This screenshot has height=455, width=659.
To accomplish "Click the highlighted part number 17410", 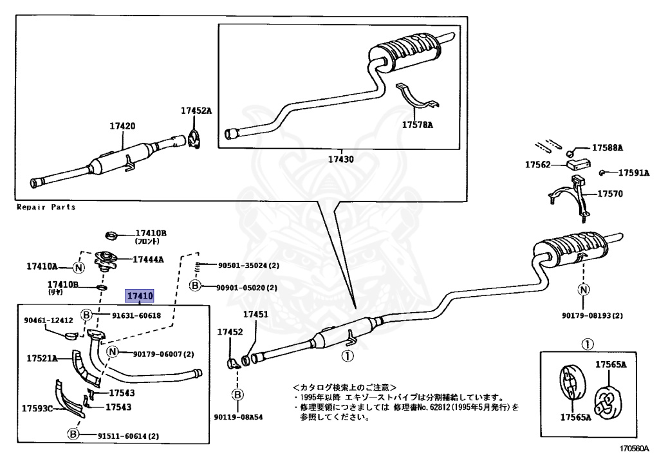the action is [x=140, y=296].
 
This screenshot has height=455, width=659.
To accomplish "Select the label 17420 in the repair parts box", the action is [x=122, y=126].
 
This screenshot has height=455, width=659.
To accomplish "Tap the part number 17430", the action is [x=341, y=159].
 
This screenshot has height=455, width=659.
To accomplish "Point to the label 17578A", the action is [x=417, y=125].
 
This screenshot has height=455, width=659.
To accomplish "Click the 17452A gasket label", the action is [x=196, y=111].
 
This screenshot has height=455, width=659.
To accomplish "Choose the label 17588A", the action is [x=608, y=147].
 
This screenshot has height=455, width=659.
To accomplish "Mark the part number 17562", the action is [x=537, y=165].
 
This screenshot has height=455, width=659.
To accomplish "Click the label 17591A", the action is [x=634, y=172].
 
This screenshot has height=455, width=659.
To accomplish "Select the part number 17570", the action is [x=610, y=194].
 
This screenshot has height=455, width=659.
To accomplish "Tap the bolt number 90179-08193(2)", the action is [x=592, y=315].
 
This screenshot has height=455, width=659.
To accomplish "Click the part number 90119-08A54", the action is [x=238, y=417].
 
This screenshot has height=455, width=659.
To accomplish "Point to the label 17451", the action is [x=255, y=314].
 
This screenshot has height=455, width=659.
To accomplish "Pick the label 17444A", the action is [x=149, y=259].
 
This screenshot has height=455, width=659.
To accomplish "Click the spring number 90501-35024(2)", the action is [x=249, y=266].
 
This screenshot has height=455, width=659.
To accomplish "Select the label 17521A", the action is [x=42, y=358].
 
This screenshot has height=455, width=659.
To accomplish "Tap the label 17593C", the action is [x=37, y=409].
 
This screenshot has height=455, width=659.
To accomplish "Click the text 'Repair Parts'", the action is [x=46, y=207].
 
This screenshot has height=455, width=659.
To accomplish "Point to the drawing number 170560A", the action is [x=634, y=449].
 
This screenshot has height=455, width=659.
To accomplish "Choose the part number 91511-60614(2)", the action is [x=129, y=436].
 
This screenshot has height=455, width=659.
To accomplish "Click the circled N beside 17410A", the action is [x=79, y=267].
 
